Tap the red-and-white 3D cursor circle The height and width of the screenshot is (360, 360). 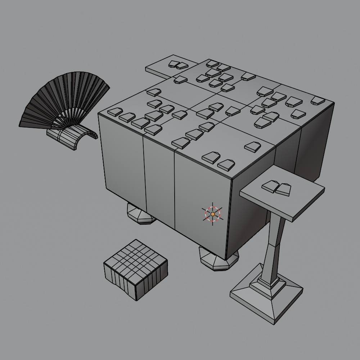[212, 214]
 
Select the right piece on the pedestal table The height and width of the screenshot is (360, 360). [283, 189]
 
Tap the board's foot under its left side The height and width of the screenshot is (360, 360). [140, 215]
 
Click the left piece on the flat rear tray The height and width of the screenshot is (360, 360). [172, 64]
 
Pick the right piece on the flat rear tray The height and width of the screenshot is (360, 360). [181, 65]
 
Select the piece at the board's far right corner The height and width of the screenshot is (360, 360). [318, 100]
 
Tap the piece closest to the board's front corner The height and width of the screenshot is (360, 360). [226, 165]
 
